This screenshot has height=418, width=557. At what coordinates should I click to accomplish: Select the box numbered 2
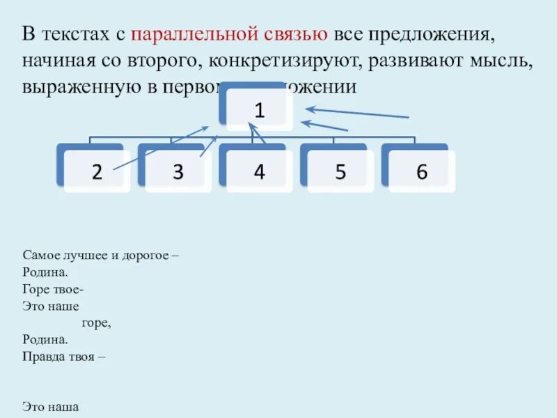click(96, 171)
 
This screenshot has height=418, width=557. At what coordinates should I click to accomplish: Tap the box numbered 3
click(178, 171)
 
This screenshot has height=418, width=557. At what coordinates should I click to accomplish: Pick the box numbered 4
click(258, 171)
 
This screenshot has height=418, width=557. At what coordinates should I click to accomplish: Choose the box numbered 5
click(340, 171)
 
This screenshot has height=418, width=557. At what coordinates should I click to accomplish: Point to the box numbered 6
click(421, 171)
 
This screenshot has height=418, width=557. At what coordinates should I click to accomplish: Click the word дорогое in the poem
click(146, 256)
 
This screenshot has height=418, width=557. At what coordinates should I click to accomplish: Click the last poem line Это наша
click(51, 406)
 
